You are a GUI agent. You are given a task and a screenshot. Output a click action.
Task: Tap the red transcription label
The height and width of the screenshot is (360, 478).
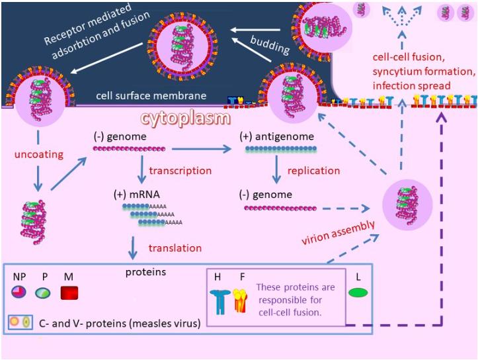point(180,170)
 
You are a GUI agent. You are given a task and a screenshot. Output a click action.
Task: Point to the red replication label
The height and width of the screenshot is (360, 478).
point(313,170)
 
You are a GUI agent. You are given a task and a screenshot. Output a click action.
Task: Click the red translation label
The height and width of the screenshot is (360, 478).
point(175,247)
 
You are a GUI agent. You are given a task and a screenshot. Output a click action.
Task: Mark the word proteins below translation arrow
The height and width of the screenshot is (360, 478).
point(145,271)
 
